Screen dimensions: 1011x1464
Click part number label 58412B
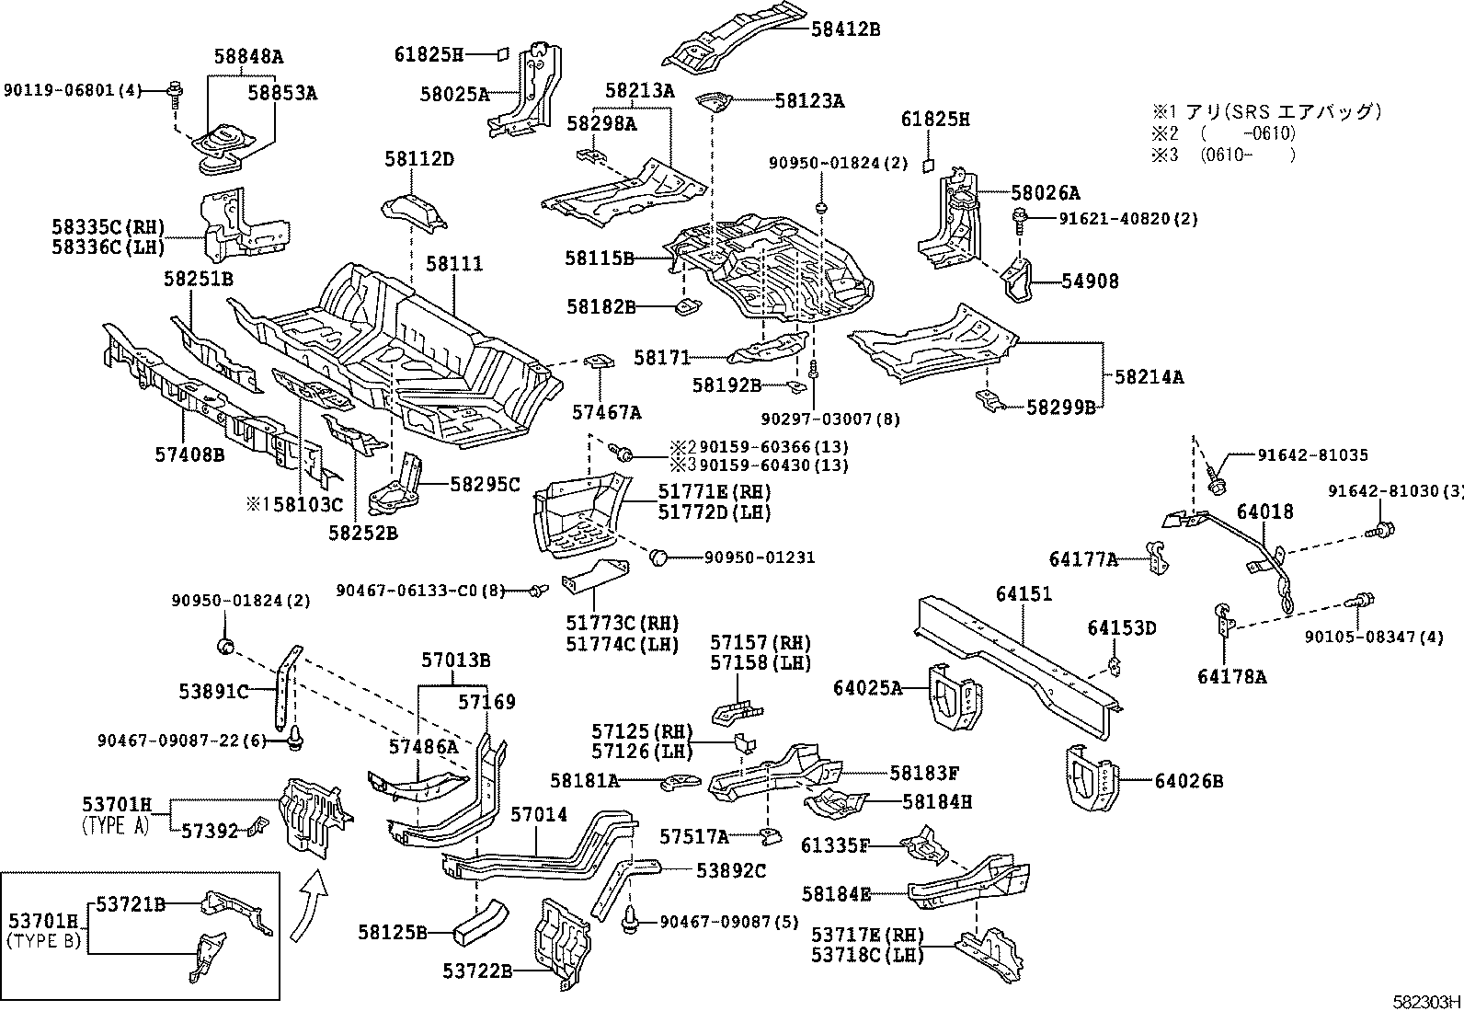tap(845, 29)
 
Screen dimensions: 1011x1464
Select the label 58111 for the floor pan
tap(453, 264)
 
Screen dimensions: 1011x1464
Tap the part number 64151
tap(1023, 594)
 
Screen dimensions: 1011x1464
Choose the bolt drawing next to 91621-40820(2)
tap(1019, 220)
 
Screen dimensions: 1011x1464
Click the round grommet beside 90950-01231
tap(658, 557)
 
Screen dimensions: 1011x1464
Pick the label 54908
tap(1091, 281)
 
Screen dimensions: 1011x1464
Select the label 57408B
tap(189, 453)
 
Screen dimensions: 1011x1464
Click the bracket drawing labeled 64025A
tap(954, 695)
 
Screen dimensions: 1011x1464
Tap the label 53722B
tap(477, 971)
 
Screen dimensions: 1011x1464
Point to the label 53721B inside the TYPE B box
tap(131, 904)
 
